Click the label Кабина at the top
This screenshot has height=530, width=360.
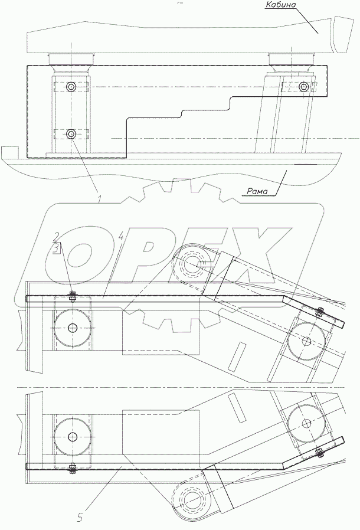280,5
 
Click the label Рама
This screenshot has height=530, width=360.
257,191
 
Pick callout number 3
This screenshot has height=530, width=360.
58,249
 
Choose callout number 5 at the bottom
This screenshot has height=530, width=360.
80,518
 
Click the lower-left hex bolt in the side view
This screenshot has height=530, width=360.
71,134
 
